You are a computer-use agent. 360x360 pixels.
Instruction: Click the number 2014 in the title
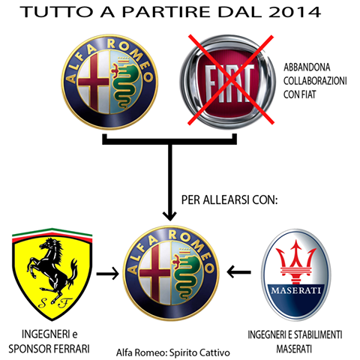point(295,12)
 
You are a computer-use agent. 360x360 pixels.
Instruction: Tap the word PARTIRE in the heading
point(166,12)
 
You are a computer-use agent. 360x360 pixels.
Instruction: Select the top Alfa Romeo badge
point(109,82)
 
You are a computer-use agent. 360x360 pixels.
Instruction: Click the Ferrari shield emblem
point(52,274)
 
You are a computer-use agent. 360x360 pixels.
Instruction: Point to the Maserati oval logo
point(296,274)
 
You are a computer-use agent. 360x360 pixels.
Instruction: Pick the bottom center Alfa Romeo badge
point(171,273)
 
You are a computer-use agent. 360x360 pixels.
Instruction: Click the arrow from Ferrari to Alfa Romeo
point(107,274)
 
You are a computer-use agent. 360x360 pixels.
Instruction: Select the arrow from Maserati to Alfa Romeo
point(239,272)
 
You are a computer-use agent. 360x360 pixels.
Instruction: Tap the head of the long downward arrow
point(169,215)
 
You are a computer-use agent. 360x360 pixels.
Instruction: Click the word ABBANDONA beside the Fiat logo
point(307,67)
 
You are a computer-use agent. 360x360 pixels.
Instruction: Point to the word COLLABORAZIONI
point(315,81)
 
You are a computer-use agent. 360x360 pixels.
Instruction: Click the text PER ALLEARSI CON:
point(229,199)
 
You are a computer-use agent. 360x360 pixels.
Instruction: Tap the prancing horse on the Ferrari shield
point(52,268)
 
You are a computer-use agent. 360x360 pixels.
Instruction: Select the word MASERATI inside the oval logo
point(295,290)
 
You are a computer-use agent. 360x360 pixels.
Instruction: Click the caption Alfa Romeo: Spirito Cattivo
point(173,352)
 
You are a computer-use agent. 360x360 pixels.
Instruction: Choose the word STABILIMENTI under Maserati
point(318,334)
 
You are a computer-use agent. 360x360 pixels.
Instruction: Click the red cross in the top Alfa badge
point(94,82)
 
